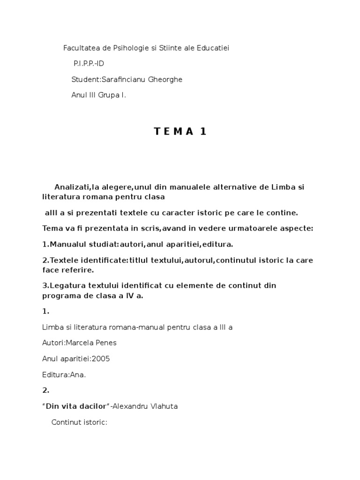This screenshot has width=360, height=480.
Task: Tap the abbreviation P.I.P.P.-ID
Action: [89, 64]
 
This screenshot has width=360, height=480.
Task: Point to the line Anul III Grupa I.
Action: [98, 95]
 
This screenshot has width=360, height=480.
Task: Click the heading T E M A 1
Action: [180, 132]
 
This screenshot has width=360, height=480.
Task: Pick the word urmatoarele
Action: [253, 228]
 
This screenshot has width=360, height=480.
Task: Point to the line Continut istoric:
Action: [80, 422]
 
